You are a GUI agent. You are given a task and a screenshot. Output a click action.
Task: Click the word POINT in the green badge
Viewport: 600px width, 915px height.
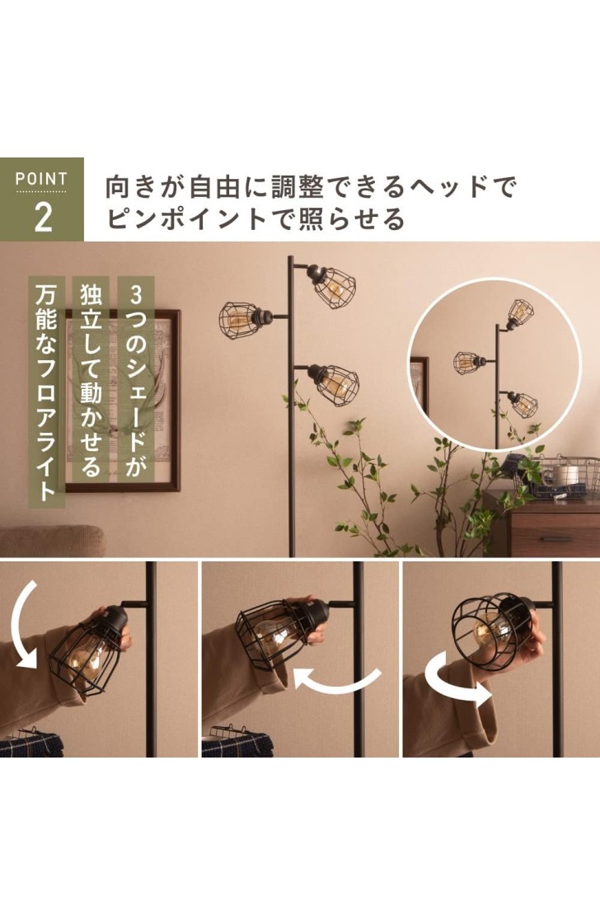click(x=41, y=179)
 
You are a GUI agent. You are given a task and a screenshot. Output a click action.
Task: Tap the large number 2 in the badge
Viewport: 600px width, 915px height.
click(x=43, y=217)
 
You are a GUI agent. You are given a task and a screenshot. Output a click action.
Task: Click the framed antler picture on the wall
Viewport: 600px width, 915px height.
click(x=122, y=401)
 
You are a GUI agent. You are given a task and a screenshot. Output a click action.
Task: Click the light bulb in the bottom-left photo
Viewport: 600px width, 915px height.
click(x=87, y=655)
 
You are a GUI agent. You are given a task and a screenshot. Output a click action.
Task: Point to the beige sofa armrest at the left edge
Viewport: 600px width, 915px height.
click(x=53, y=541)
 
